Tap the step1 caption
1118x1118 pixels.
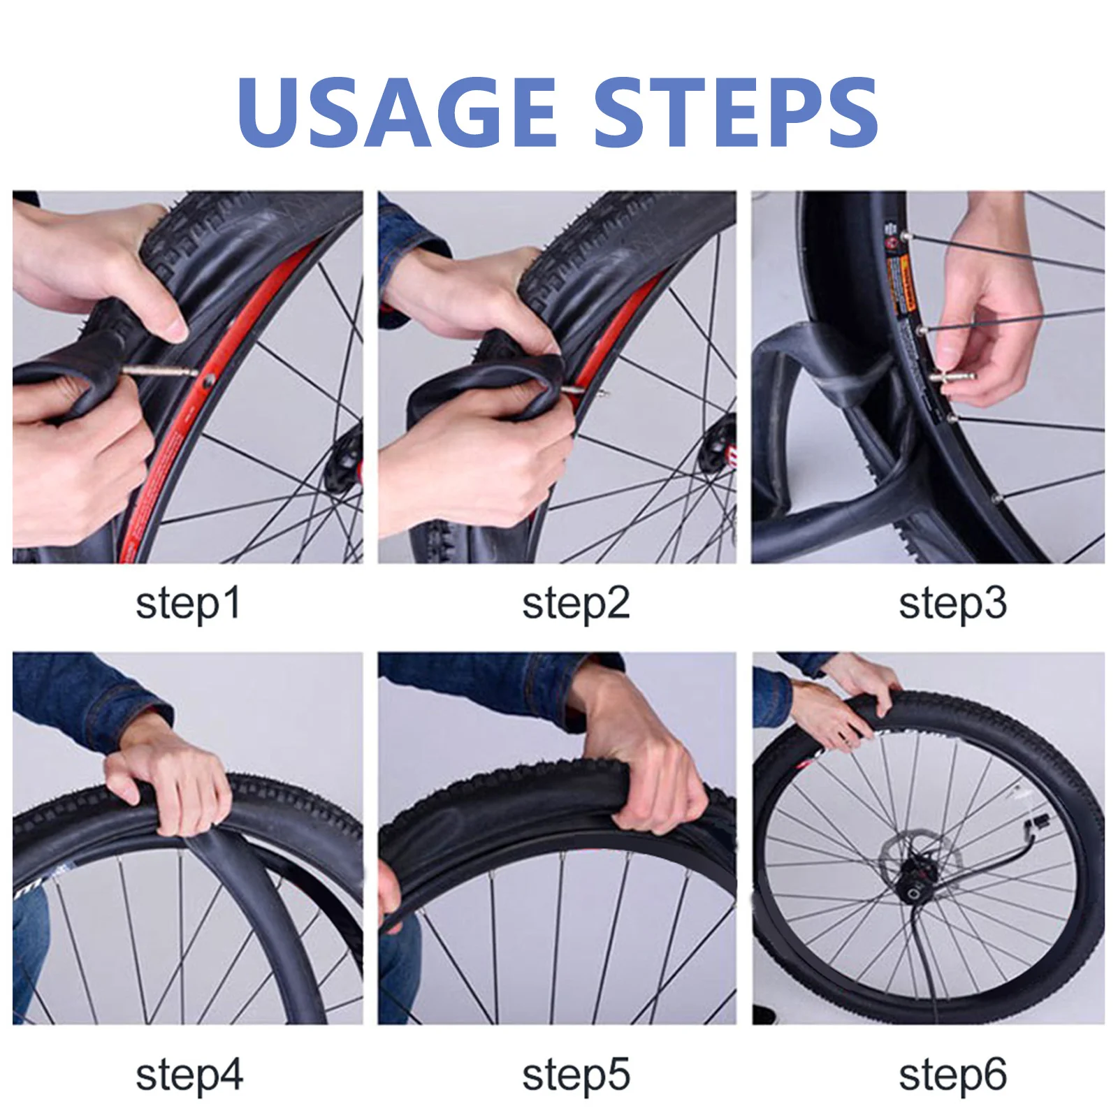point(188,604)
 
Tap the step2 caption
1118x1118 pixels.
point(576,604)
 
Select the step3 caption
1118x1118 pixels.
point(952,604)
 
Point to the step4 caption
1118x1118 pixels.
point(189,1075)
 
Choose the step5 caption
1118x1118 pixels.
point(576,1075)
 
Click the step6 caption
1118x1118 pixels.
point(952,1075)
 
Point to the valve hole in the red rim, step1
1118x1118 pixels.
point(208,381)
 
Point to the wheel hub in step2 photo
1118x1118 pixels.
point(720,447)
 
